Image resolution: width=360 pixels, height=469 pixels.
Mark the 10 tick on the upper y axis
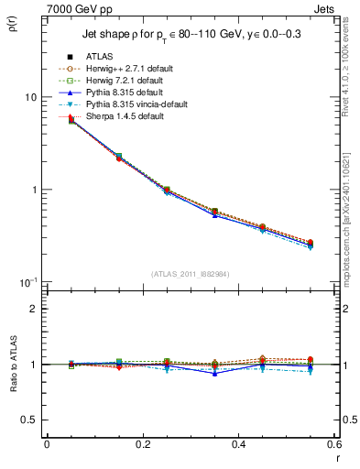tap(30, 97)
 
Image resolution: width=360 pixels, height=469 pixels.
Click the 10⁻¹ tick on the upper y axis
tap(28, 281)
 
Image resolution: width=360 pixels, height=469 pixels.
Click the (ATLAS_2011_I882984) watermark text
tap(191, 274)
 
